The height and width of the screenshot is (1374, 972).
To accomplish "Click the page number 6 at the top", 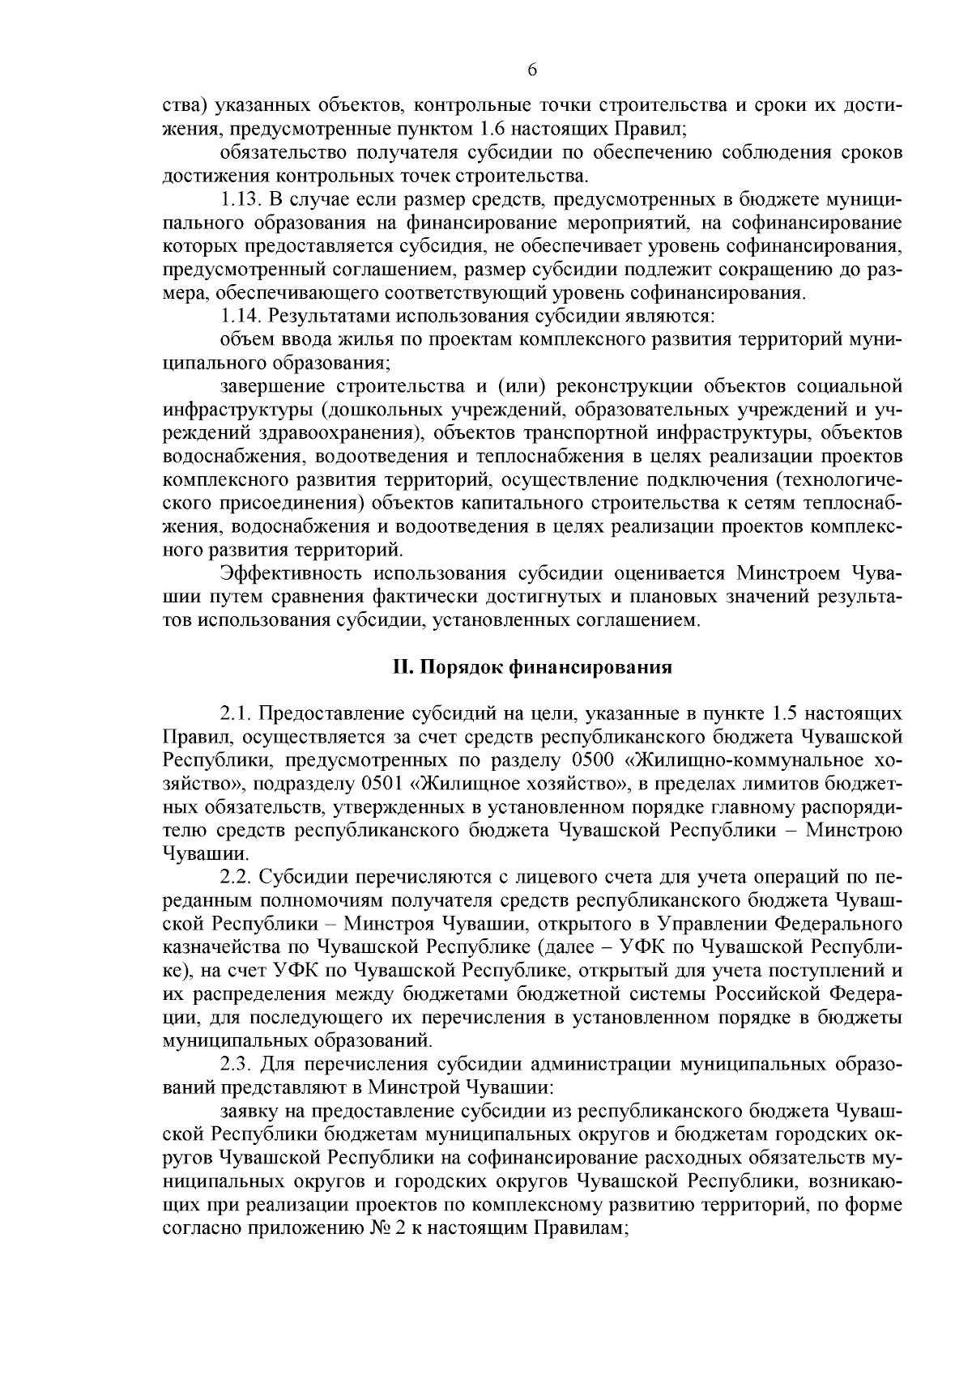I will pyautogui.click(x=532, y=70).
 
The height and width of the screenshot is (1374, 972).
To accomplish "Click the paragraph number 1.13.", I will pyautogui.click(x=241, y=199).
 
